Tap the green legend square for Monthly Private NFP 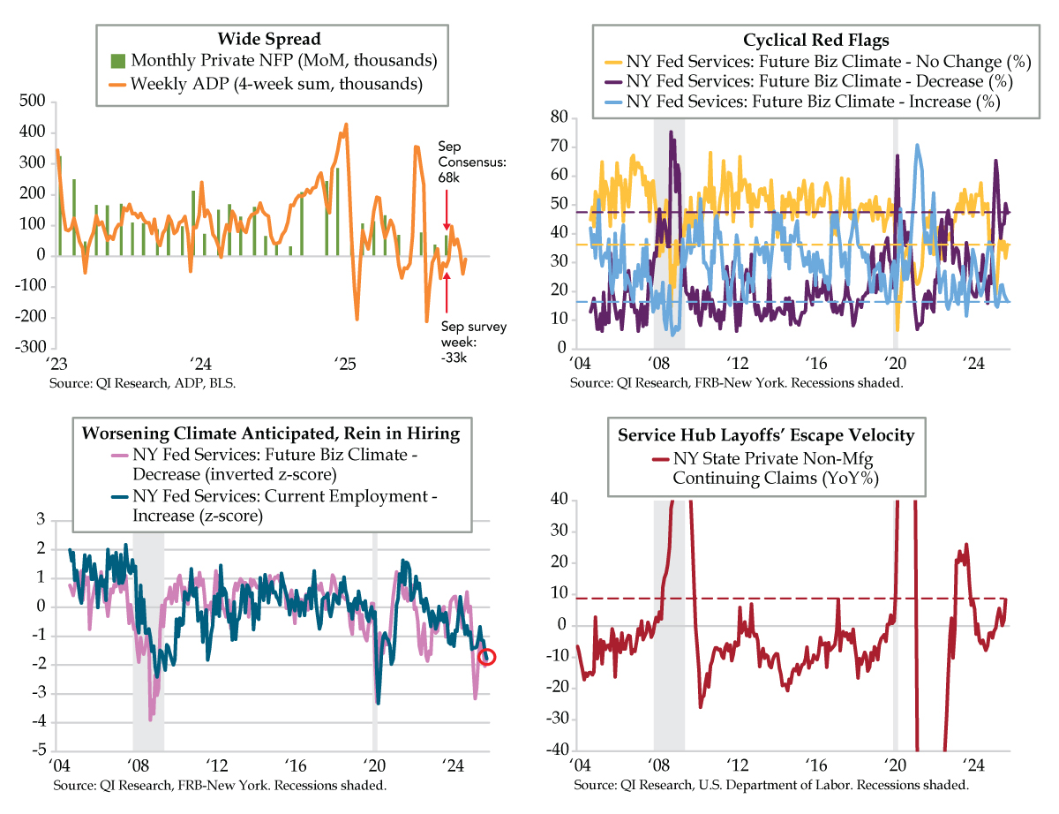click(117, 62)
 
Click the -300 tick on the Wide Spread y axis click(34, 348)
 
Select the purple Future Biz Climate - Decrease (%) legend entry click(818, 82)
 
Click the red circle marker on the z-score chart click(486, 657)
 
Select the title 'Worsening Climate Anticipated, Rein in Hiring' click(271, 433)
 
